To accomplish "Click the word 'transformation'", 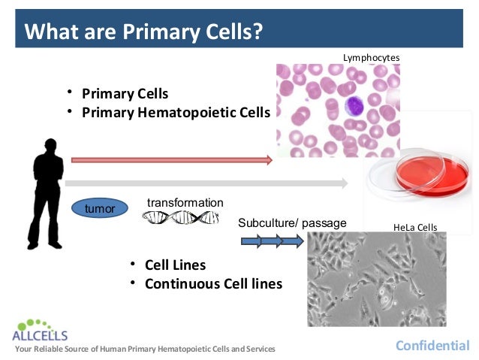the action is coord(185,203).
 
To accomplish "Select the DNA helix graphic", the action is coord(179,217).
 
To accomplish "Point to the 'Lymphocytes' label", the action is coord(371,58).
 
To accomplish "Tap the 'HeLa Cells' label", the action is coord(414,227).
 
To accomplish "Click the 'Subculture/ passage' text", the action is coord(292,223).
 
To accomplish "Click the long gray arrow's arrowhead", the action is coord(344,182).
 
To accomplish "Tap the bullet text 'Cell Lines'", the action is coord(175,265).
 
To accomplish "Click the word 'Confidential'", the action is coord(432,346).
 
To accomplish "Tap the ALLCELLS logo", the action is coord(41,330).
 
